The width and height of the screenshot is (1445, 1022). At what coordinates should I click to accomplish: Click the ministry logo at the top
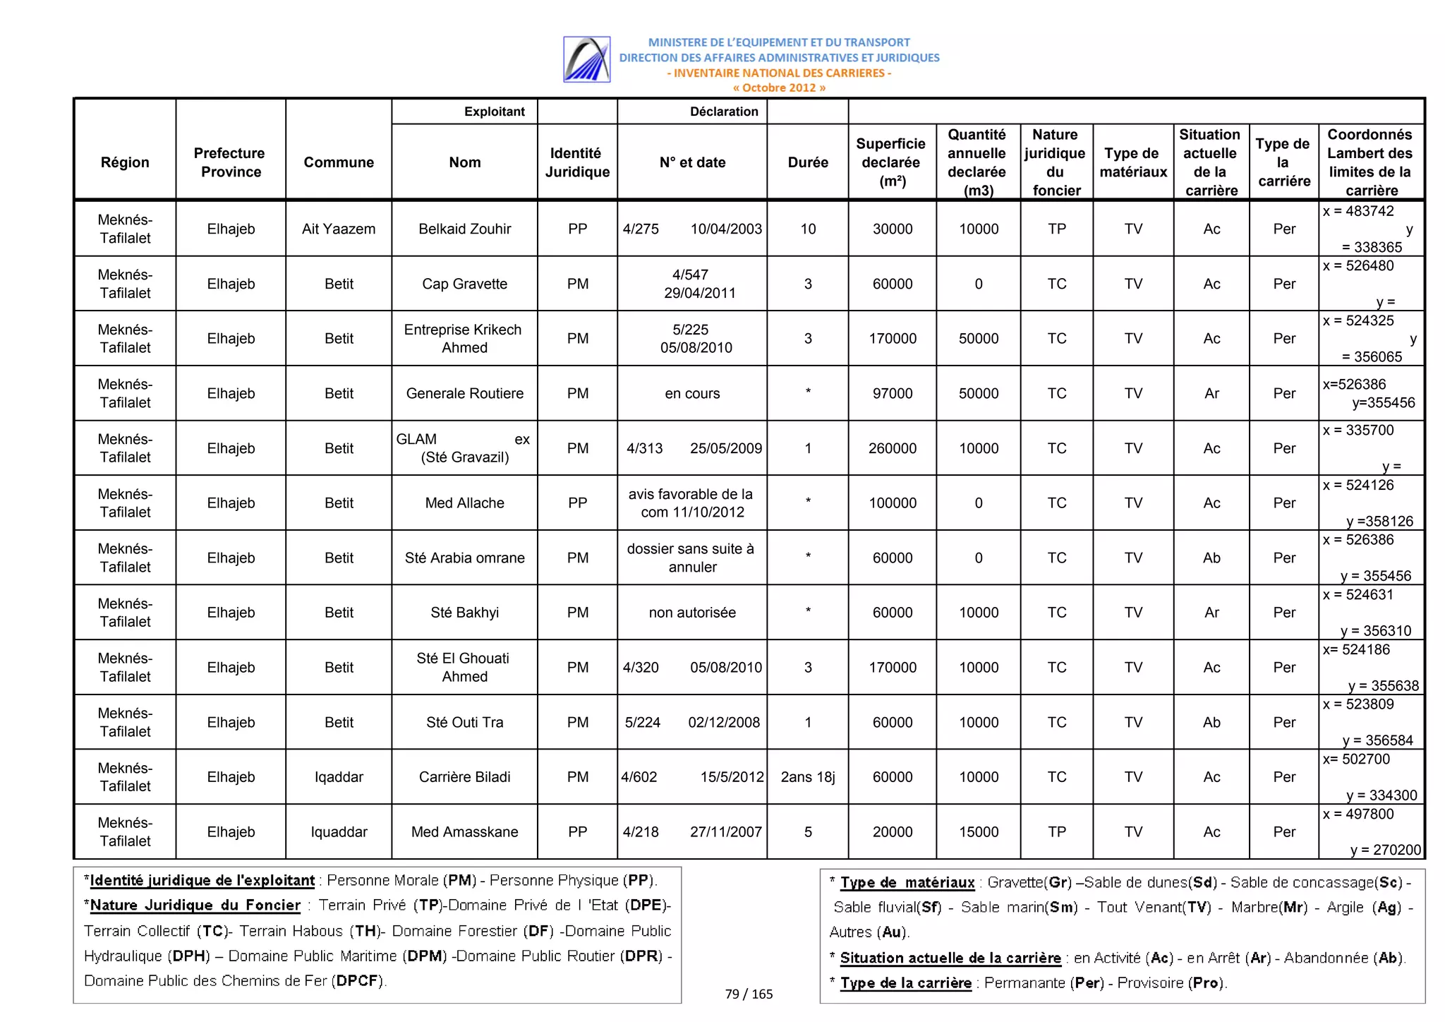[586, 59]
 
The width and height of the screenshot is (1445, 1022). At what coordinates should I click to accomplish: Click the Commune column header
[339, 162]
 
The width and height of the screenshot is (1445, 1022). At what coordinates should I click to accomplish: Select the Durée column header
[807, 162]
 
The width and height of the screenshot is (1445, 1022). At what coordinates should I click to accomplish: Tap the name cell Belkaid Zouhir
[464, 229]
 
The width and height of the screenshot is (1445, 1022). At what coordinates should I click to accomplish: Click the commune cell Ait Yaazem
[339, 229]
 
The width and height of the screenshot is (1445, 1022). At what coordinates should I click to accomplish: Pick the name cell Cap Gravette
[464, 284]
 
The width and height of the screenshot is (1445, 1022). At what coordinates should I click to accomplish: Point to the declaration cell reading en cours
[691, 394]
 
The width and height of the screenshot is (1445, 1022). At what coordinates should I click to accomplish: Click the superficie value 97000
[892, 394]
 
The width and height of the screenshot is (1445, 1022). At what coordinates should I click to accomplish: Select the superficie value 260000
[892, 448]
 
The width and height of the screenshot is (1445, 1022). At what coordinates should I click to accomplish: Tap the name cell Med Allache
[464, 503]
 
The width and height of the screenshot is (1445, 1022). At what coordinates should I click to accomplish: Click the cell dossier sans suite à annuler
[691, 558]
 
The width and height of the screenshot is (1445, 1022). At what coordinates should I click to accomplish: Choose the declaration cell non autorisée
[691, 613]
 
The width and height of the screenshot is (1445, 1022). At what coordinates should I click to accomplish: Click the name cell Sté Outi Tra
[464, 722]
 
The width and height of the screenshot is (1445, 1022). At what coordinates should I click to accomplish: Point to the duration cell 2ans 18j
[807, 777]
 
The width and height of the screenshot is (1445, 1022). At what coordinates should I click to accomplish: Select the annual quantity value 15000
[978, 832]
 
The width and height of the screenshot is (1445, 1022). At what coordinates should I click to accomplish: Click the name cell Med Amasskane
[464, 832]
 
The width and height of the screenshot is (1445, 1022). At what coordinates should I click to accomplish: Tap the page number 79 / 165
[749, 994]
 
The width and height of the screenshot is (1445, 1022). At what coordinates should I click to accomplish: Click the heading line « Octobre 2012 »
[779, 88]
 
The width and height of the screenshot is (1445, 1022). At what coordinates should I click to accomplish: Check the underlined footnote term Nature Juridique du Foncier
[195, 906]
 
